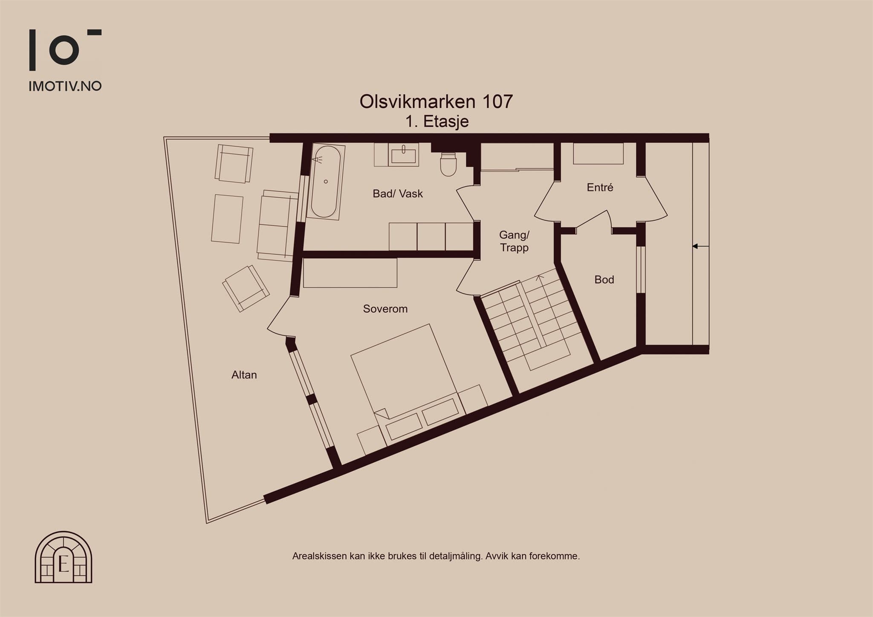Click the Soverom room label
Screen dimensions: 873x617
385,308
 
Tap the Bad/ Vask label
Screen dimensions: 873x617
398,193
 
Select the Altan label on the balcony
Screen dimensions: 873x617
244,375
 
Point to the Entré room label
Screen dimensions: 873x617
600,187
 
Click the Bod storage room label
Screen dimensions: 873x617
604,280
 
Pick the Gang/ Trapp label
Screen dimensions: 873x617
514,241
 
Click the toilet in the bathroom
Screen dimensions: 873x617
448,165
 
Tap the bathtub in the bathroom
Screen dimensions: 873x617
326,182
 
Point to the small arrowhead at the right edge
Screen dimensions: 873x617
695,246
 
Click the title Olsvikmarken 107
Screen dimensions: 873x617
436,101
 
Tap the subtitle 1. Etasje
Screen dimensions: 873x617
437,121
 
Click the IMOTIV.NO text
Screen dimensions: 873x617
65,86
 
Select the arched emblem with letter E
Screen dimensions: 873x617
64,557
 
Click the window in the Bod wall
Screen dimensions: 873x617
641,269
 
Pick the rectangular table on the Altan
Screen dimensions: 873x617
227,219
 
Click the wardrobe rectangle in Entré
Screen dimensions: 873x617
598,153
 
